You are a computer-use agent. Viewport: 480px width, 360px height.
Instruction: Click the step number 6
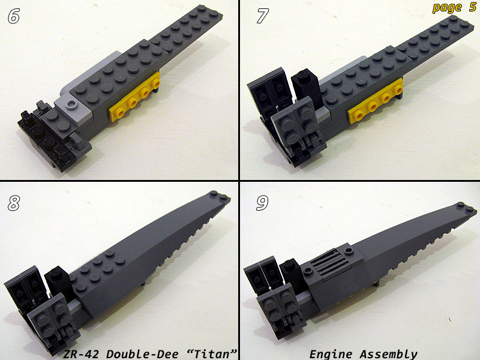(x=14, y=16)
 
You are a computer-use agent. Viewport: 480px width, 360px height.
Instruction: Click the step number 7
(x=263, y=16)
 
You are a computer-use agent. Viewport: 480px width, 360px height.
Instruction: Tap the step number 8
(x=14, y=203)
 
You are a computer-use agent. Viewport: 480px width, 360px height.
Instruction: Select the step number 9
(x=262, y=203)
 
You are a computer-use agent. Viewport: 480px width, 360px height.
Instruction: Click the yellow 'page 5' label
(x=454, y=8)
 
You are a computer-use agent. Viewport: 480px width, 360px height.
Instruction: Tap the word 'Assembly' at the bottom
(x=389, y=355)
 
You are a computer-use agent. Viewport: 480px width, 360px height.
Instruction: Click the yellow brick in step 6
(x=134, y=97)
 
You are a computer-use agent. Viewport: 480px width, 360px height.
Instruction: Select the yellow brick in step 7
(x=376, y=101)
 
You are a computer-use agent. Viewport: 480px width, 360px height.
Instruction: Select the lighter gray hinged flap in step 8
(x=52, y=319)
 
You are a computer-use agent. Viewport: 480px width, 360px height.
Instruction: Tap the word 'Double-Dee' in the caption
(x=142, y=354)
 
